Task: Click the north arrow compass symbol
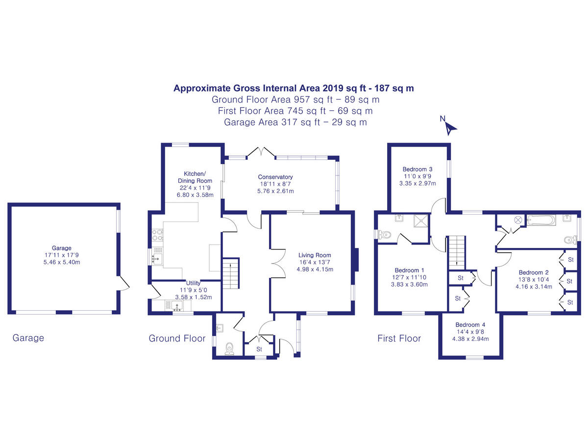coord(450,127)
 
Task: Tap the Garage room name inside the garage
coord(62,248)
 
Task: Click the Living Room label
coord(315,255)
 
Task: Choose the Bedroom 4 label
coord(470,324)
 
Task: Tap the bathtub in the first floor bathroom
coord(540,220)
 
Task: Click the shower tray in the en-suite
coord(421,221)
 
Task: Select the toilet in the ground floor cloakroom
coord(229,348)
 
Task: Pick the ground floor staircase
coord(230,273)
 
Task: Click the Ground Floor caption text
coord(177,338)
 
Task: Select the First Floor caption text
coord(399,338)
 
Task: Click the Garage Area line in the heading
coord(295,122)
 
